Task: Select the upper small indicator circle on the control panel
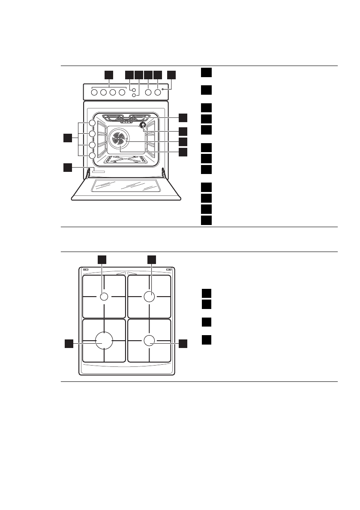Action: click(x=134, y=90)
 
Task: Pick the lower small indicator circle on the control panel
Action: click(x=134, y=96)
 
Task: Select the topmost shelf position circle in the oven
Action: click(x=92, y=123)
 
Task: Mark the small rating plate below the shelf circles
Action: click(x=98, y=172)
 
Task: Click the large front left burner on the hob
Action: click(x=103, y=341)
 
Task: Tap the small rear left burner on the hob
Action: click(x=104, y=297)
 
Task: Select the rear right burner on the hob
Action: click(x=149, y=297)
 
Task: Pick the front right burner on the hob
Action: click(x=149, y=341)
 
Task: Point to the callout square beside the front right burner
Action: click(x=183, y=343)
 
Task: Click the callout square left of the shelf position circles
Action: click(x=67, y=138)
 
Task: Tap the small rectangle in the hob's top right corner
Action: click(x=168, y=270)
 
